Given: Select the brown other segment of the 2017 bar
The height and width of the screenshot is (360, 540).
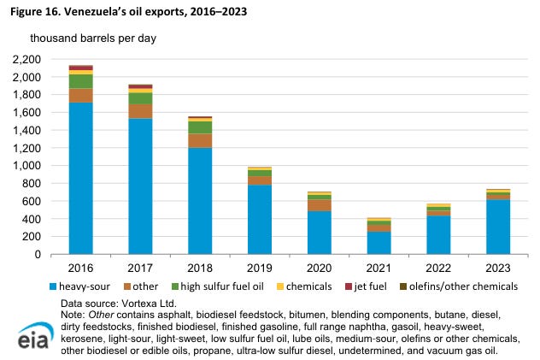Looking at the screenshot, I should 140,111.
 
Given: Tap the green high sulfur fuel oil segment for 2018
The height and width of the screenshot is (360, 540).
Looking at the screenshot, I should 200,127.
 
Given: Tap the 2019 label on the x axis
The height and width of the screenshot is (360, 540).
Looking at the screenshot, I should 260,268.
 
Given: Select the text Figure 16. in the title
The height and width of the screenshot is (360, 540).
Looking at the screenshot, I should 35,11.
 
